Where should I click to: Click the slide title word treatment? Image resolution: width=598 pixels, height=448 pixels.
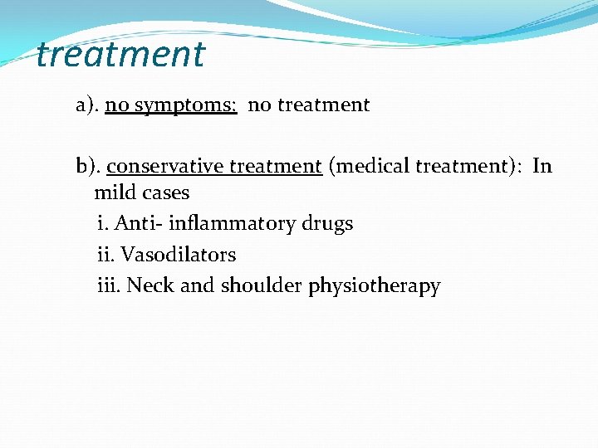[120, 55]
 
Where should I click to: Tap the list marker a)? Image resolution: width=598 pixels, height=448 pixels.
[87, 105]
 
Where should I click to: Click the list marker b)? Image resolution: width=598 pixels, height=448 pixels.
[88, 167]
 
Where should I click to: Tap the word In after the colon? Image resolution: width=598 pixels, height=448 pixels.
[542, 166]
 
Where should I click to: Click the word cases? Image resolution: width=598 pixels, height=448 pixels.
[164, 193]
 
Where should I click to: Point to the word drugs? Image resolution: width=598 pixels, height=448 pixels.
[327, 224]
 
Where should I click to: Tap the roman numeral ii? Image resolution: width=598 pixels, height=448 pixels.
[105, 255]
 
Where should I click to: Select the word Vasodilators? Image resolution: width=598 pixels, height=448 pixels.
[179, 255]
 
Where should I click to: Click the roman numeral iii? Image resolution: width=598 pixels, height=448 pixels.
[109, 286]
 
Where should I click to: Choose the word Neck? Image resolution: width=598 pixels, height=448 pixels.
[150, 286]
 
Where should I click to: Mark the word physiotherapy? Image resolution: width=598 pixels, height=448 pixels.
[374, 287]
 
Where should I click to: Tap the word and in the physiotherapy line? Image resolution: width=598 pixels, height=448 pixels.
[197, 286]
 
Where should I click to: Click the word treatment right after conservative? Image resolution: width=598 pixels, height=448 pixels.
[275, 167]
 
